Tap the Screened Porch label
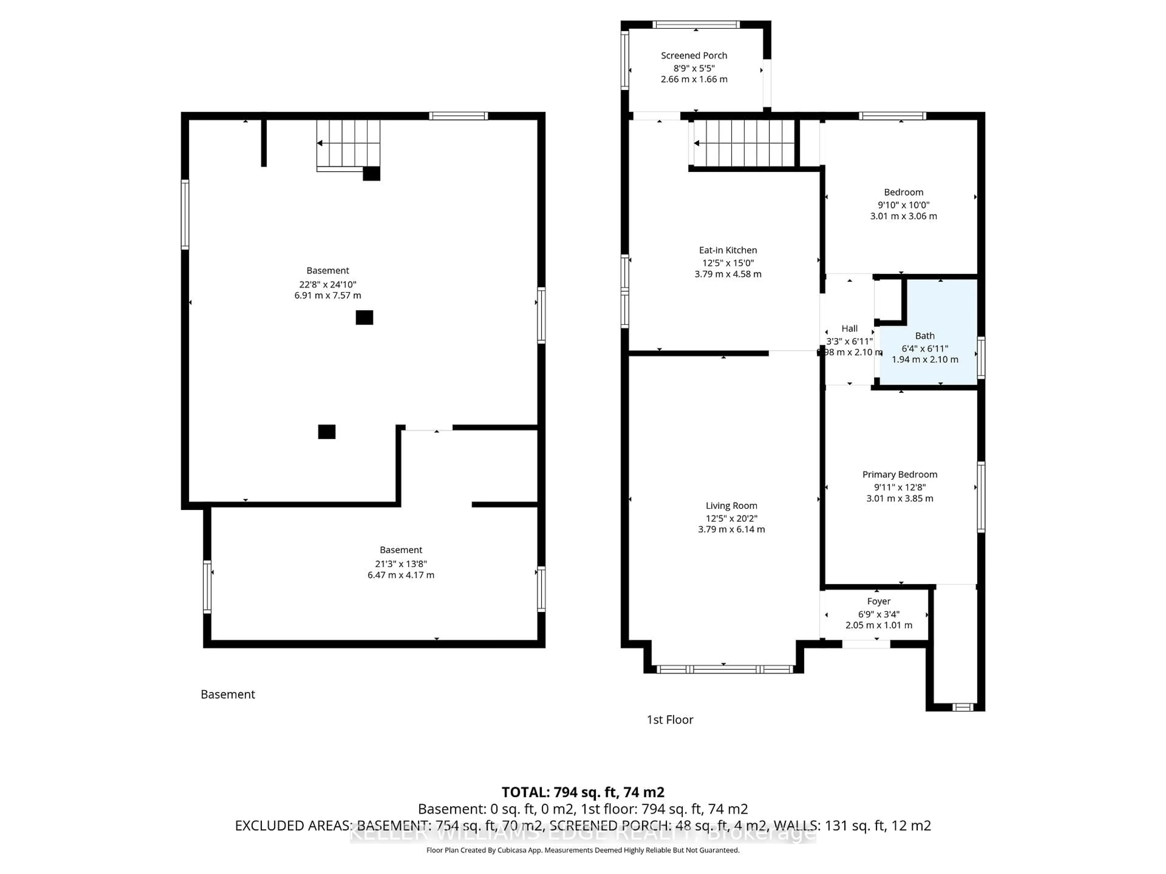[x=694, y=55]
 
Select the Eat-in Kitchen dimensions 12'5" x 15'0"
[x=728, y=263]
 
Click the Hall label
[x=849, y=328]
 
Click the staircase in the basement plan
[x=348, y=143]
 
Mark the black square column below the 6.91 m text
[x=364, y=317]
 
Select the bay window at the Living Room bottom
[x=724, y=669]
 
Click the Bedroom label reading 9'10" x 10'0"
[x=903, y=192]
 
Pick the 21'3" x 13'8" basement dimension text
[x=401, y=563]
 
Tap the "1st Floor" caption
[x=670, y=720]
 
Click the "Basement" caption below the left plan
[x=228, y=694]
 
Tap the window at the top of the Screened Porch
[x=696, y=24]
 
